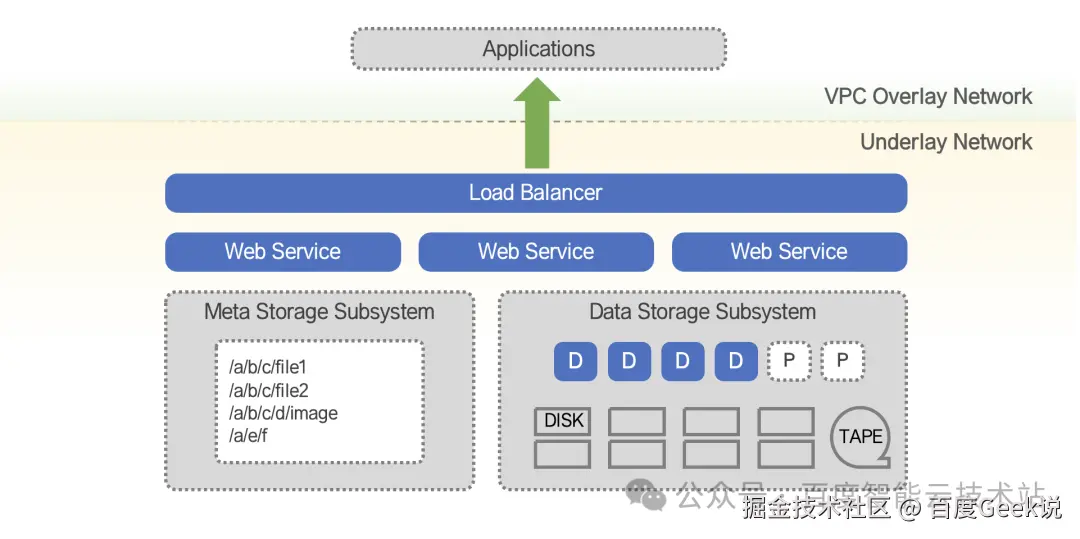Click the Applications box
[538, 49]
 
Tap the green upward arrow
[537, 125]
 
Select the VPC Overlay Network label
[928, 97]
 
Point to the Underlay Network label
[946, 142]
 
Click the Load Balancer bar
[536, 193]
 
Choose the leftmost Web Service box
[283, 252]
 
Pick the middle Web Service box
[536, 252]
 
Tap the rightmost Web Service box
[789, 252]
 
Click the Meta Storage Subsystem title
[319, 312]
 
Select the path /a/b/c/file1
[268, 367]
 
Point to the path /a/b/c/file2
[268, 390]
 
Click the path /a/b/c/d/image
[284, 413]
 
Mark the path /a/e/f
[249, 436]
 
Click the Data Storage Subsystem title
[702, 312]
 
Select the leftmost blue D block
[576, 361]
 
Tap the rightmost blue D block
[736, 361]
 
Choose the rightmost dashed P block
[843, 361]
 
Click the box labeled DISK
[563, 421]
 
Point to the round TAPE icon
[860, 437]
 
